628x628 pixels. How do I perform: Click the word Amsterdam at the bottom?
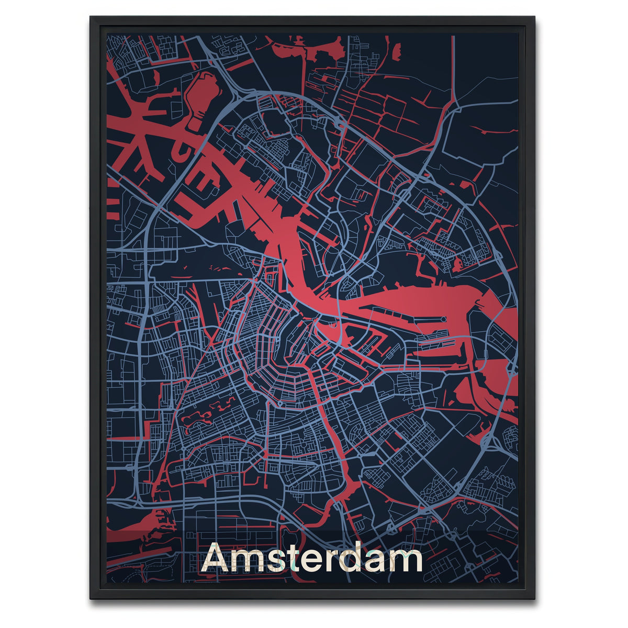tap(312, 559)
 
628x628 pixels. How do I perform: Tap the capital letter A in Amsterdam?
tap(217, 559)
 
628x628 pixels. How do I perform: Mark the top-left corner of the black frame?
tap(91, 17)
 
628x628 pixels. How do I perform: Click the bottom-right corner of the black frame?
tap(534, 599)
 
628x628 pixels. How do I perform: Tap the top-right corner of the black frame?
tap(534, 17)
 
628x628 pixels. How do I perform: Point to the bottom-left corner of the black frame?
tap(91, 599)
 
